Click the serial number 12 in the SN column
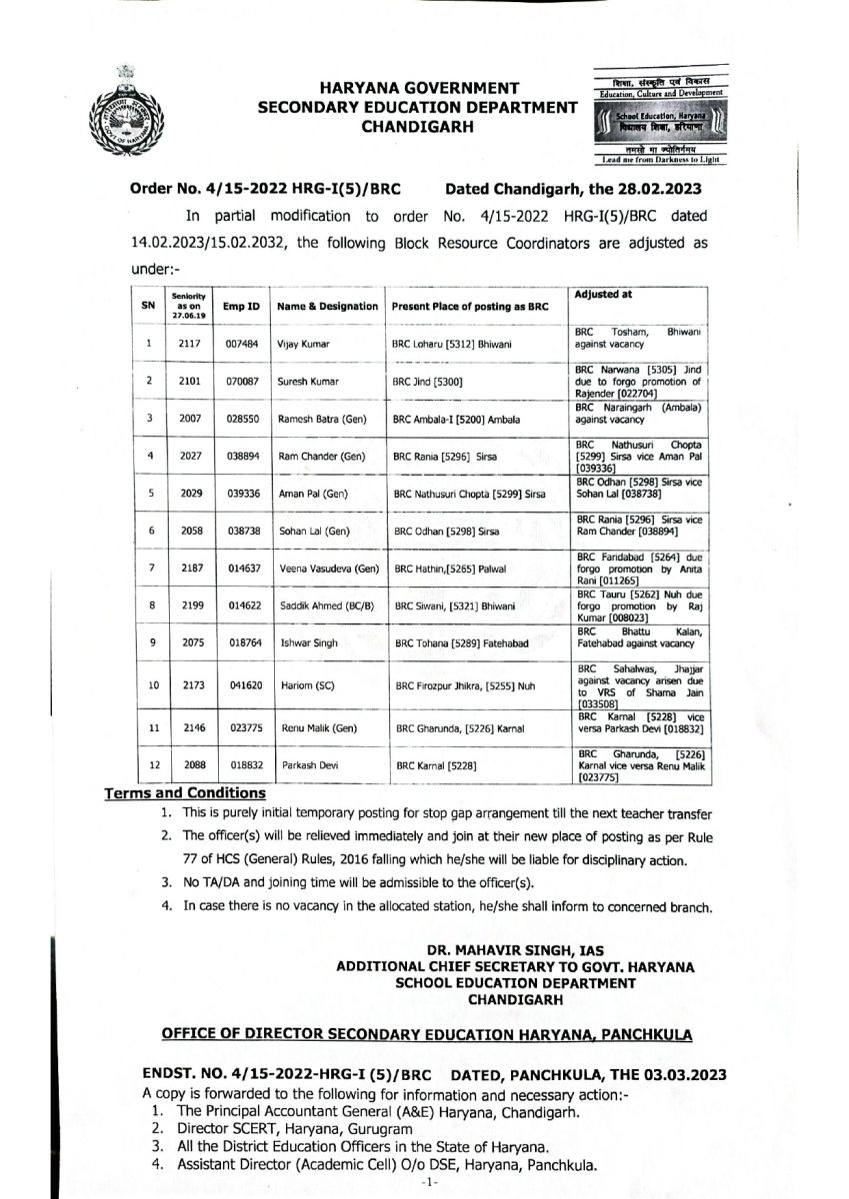(148, 765)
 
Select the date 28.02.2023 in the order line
(666, 187)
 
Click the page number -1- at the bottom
(424, 1181)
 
